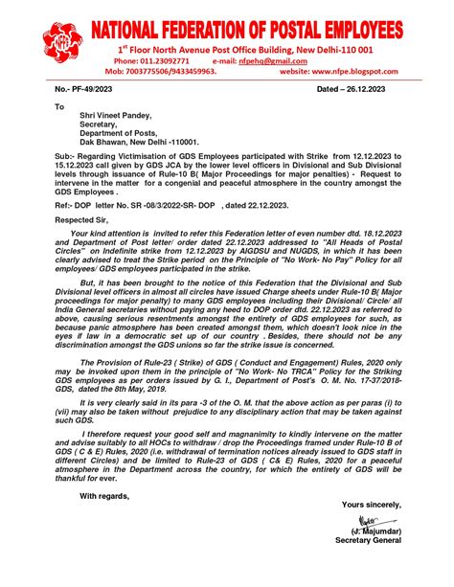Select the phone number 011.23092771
point(170,59)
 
